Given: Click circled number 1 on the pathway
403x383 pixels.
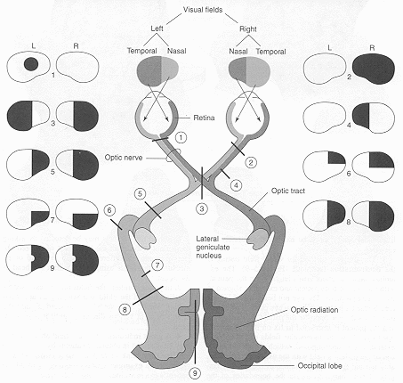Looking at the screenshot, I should tap(181, 139).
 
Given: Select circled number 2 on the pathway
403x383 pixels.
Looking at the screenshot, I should tap(250, 162).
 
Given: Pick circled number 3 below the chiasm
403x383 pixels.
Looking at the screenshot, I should tap(202, 208).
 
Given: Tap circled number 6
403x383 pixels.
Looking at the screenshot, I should tap(109, 210).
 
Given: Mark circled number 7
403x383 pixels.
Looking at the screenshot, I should tap(157, 265).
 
